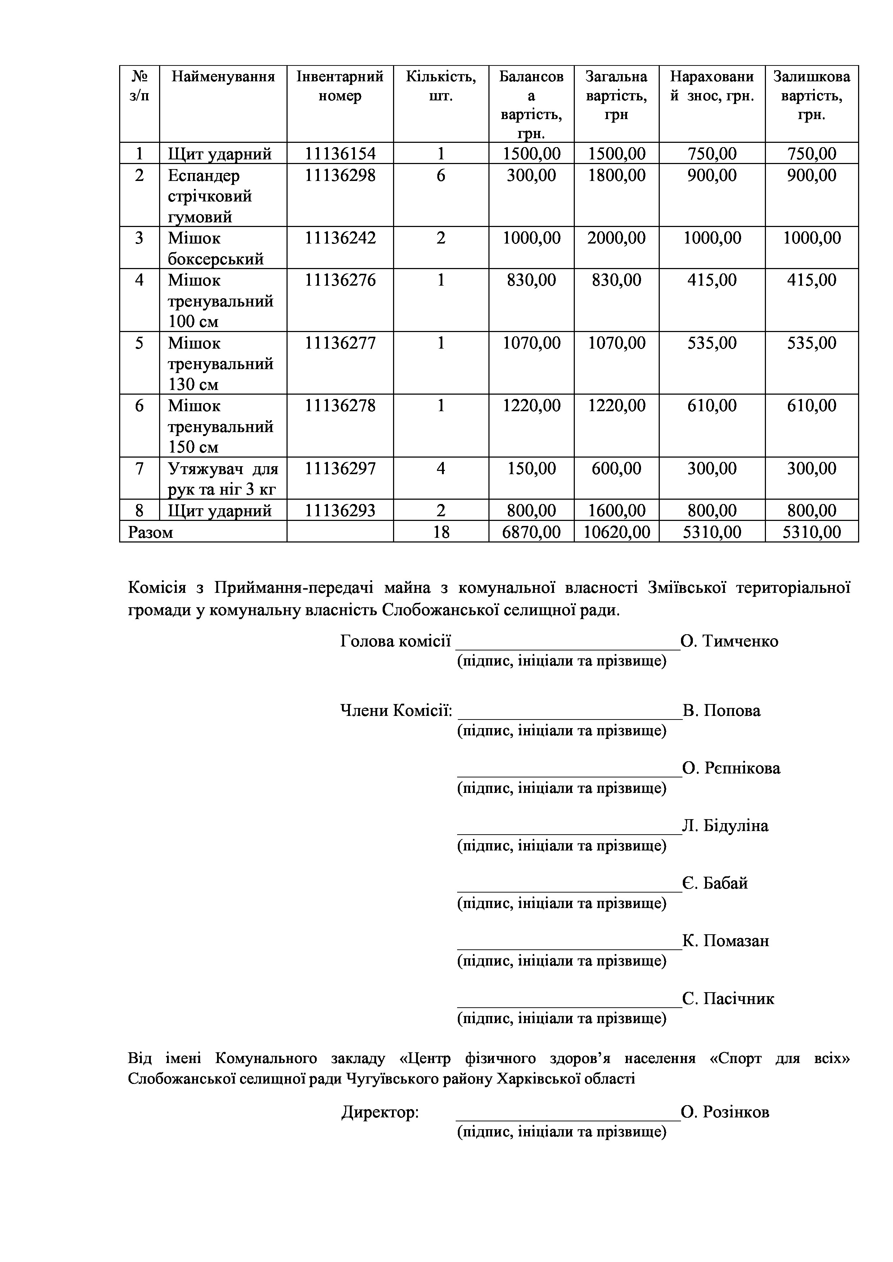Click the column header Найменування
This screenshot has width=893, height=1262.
click(x=223, y=76)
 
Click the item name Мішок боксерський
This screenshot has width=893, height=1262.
click(x=216, y=249)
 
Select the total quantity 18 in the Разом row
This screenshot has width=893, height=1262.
click(x=441, y=532)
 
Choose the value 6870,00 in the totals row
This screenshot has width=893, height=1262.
click(x=531, y=532)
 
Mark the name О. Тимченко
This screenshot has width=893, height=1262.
click(x=729, y=641)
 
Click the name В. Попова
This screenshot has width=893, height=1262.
click(x=721, y=711)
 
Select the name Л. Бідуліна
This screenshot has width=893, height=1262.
click(x=725, y=826)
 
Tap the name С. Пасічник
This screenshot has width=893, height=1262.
click(x=728, y=998)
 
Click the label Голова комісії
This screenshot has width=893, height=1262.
click(x=395, y=641)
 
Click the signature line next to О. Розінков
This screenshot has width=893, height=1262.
click(x=568, y=1119)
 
